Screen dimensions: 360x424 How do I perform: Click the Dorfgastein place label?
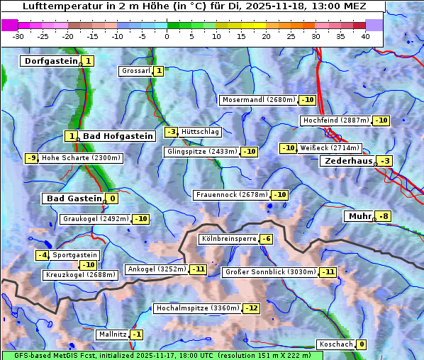click(x=50, y=61)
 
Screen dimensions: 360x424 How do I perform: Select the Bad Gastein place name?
click(x=74, y=198)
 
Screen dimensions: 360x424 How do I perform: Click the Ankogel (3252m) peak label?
click(x=156, y=269)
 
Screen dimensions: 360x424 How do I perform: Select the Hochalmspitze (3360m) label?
click(x=197, y=308)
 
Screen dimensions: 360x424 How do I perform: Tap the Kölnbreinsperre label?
click(x=228, y=239)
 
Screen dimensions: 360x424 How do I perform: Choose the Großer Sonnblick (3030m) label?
click(x=269, y=272)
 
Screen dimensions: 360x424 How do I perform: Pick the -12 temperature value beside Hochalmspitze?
click(x=252, y=308)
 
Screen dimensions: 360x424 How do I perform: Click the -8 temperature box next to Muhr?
click(x=384, y=216)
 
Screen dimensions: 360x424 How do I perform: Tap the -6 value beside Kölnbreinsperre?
click(x=266, y=239)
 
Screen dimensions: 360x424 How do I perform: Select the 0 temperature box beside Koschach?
click(x=362, y=344)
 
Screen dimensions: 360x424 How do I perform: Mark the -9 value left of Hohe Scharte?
click(x=31, y=158)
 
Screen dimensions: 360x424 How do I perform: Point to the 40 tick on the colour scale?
click(x=365, y=36)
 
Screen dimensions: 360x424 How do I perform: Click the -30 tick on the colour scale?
click(x=18, y=36)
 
